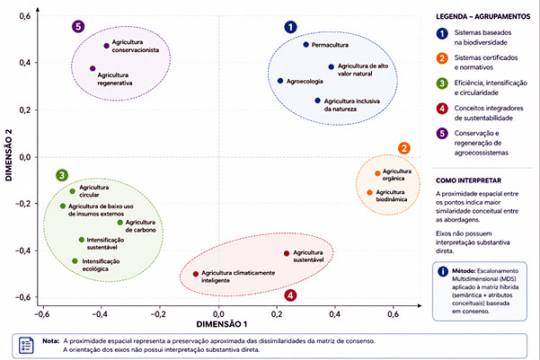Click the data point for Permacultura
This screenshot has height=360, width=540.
tap(305, 44)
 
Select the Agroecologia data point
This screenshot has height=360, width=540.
tap(280, 81)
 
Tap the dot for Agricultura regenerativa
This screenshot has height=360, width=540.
tap(93, 68)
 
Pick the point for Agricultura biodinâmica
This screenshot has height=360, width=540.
tap(369, 193)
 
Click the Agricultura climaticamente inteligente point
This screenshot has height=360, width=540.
tap(196, 274)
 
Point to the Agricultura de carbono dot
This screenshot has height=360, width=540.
tap(120, 223)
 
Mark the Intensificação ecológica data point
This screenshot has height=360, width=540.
tap(75, 261)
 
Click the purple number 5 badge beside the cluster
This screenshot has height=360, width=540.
tap(78, 27)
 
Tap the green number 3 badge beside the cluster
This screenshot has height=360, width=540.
tap(62, 176)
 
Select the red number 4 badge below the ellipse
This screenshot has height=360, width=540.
tap(290, 295)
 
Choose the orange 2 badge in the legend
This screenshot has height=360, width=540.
tap(442, 58)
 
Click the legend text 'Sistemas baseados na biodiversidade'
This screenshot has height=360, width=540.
tap(482, 38)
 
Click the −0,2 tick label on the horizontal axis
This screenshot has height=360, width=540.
tap(158, 314)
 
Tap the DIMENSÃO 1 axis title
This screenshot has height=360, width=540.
tap(221, 324)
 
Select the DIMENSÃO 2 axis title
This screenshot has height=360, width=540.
tap(9, 155)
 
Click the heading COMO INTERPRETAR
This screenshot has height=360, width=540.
tap(468, 180)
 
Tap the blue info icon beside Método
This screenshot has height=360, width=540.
tap(443, 271)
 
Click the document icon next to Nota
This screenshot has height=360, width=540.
tap(26, 346)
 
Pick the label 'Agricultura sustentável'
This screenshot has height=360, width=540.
tap(308, 257)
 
